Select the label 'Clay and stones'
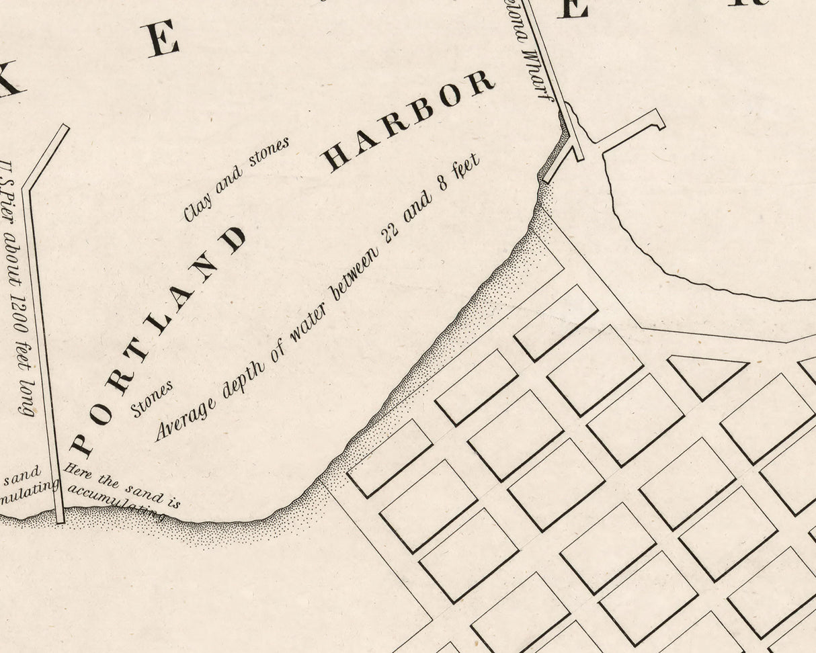[236, 179]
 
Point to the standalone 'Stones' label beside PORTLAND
[152, 398]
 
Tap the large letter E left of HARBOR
[163, 39]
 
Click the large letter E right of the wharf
[572, 8]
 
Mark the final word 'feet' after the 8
[468, 168]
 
